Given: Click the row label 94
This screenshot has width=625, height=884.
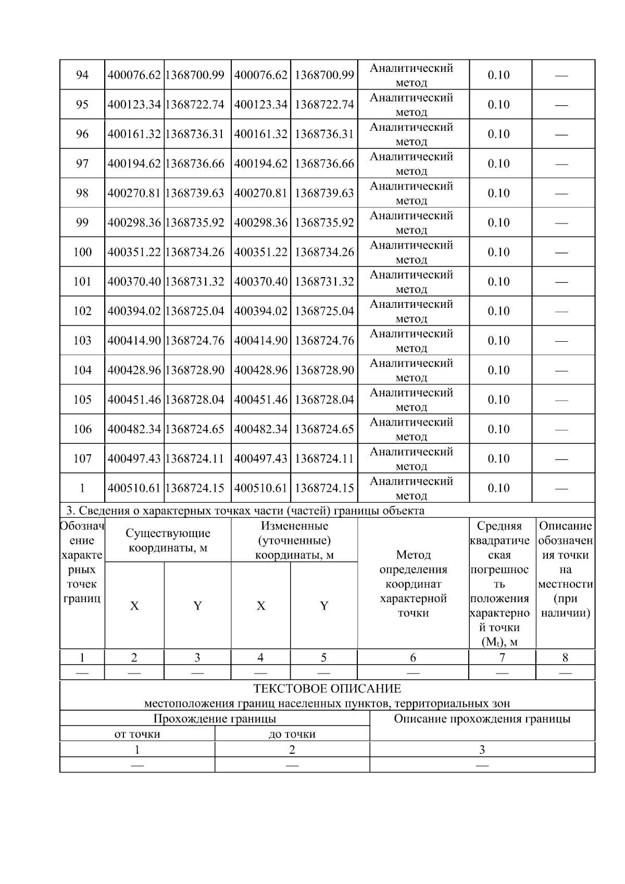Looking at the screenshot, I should click(82, 75).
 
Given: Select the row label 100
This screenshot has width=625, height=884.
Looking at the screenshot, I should click(82, 252).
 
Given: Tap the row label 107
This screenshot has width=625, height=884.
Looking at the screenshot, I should click(82, 459).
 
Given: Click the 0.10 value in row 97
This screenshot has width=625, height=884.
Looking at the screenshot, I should click(498, 164).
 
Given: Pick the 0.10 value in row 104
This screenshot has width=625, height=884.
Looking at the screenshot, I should click(498, 370).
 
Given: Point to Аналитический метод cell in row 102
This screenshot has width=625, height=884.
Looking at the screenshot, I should click(411, 311).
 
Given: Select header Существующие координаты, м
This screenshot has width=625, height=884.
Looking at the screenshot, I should click(168, 540).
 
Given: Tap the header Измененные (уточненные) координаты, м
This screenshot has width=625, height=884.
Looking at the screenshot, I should click(294, 540).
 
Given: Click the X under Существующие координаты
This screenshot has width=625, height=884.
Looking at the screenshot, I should click(134, 606).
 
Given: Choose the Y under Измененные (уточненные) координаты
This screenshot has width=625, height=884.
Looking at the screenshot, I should click(324, 606).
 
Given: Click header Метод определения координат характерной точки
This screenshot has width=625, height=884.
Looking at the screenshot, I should click(413, 584).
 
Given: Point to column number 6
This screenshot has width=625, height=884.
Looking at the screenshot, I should click(413, 657).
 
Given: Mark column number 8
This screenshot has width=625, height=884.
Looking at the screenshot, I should click(565, 657).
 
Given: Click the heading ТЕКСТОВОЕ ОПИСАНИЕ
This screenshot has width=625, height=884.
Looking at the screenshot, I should click(327, 689).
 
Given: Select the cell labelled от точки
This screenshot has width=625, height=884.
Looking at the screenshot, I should click(137, 734).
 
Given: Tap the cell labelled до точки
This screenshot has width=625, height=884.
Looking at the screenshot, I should click(292, 734).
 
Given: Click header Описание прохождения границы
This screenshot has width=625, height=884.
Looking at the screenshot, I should click(482, 719).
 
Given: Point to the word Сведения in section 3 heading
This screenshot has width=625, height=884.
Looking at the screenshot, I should click(99, 511).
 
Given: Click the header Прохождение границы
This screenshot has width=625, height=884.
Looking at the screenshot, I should click(215, 719).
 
